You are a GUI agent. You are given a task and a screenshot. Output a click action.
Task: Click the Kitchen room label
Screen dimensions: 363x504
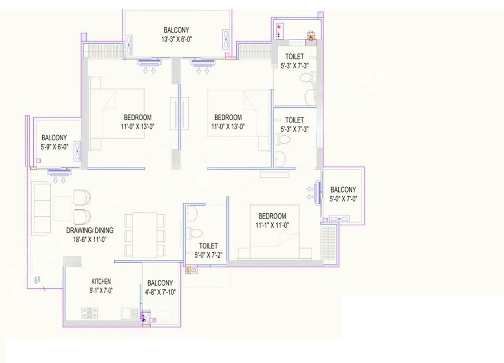click(101, 281)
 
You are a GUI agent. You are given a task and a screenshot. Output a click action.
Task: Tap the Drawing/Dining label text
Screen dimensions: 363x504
click(90, 230)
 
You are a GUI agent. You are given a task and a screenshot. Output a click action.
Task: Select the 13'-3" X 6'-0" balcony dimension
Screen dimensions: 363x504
click(176, 39)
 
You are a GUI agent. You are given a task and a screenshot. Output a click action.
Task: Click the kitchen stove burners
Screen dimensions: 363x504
click(90, 313)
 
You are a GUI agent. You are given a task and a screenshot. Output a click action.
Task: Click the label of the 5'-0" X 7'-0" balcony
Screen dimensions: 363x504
click(343, 190)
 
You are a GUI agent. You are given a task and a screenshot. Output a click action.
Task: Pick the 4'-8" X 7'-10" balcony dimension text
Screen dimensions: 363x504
click(160, 292)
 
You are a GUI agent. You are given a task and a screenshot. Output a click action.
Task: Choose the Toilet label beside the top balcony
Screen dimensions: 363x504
click(294, 56)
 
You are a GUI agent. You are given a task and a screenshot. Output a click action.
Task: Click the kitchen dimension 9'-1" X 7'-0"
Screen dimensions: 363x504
click(101, 290)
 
